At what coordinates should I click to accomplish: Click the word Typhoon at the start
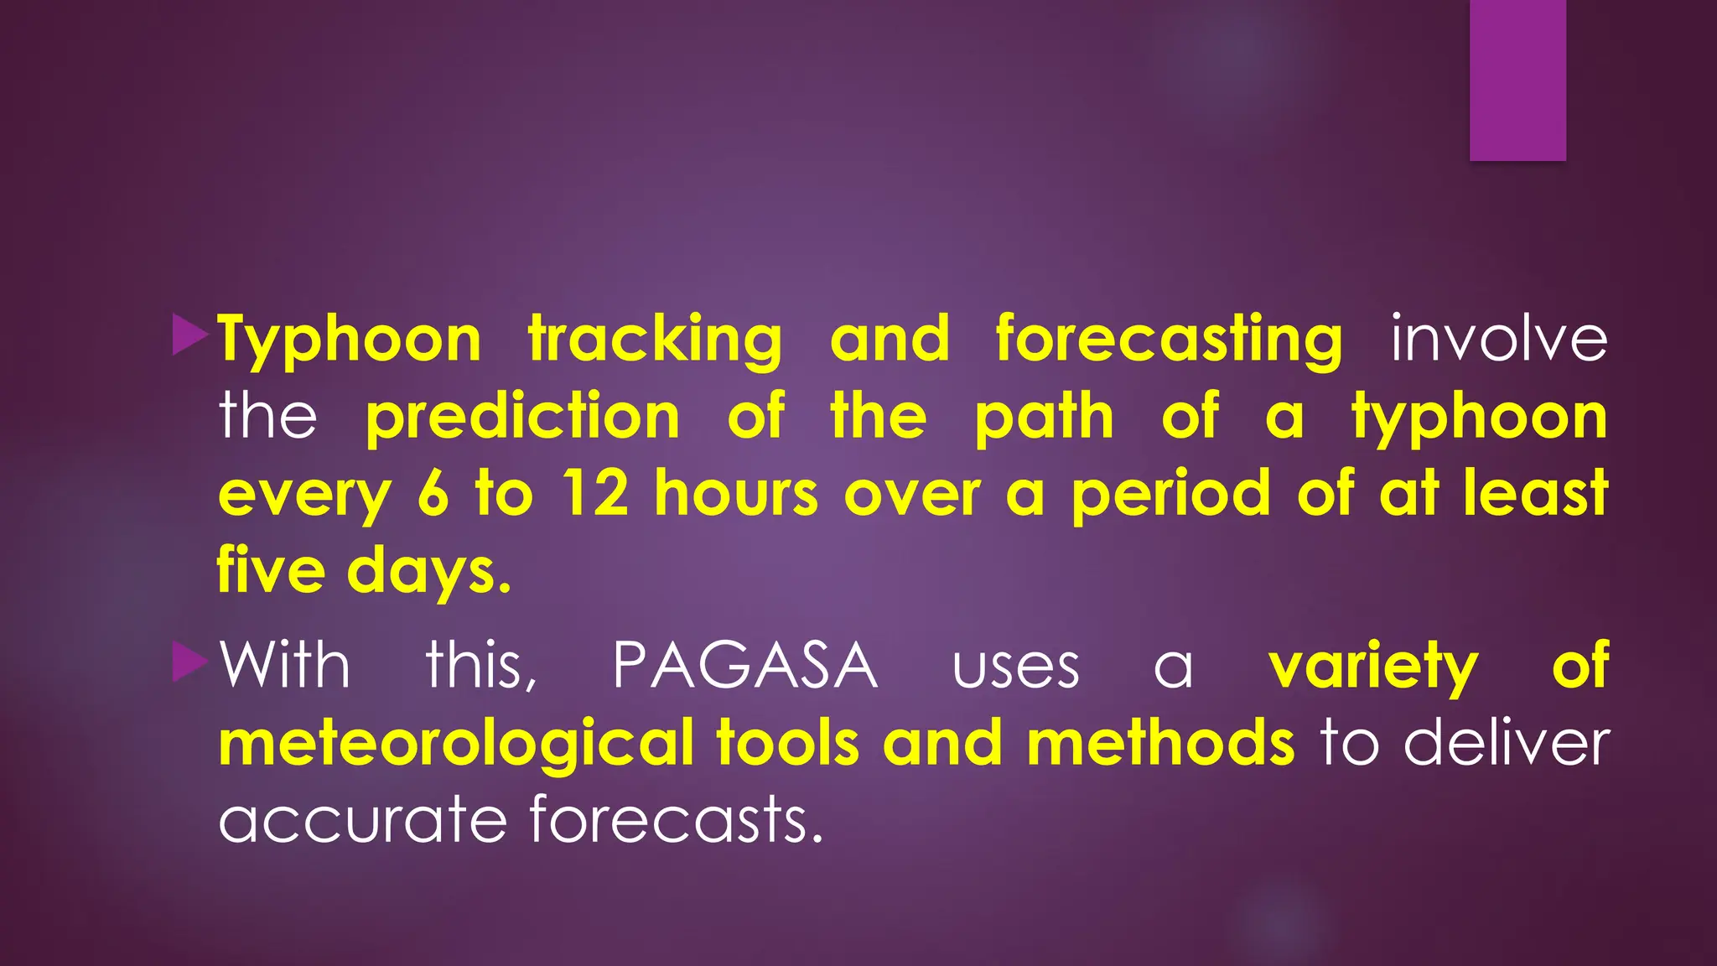(350, 340)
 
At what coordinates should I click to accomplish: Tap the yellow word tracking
(655, 340)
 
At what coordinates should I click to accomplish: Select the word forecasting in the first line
(1169, 340)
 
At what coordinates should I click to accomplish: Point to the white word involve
(1499, 339)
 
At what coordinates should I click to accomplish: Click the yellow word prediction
(522, 418)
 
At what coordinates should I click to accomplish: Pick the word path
(1044, 418)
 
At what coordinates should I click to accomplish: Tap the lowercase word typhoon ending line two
(1480, 418)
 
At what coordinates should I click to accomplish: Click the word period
(1171, 495)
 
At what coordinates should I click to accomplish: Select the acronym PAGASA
(745, 666)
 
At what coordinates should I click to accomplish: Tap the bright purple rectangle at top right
(1517, 80)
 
